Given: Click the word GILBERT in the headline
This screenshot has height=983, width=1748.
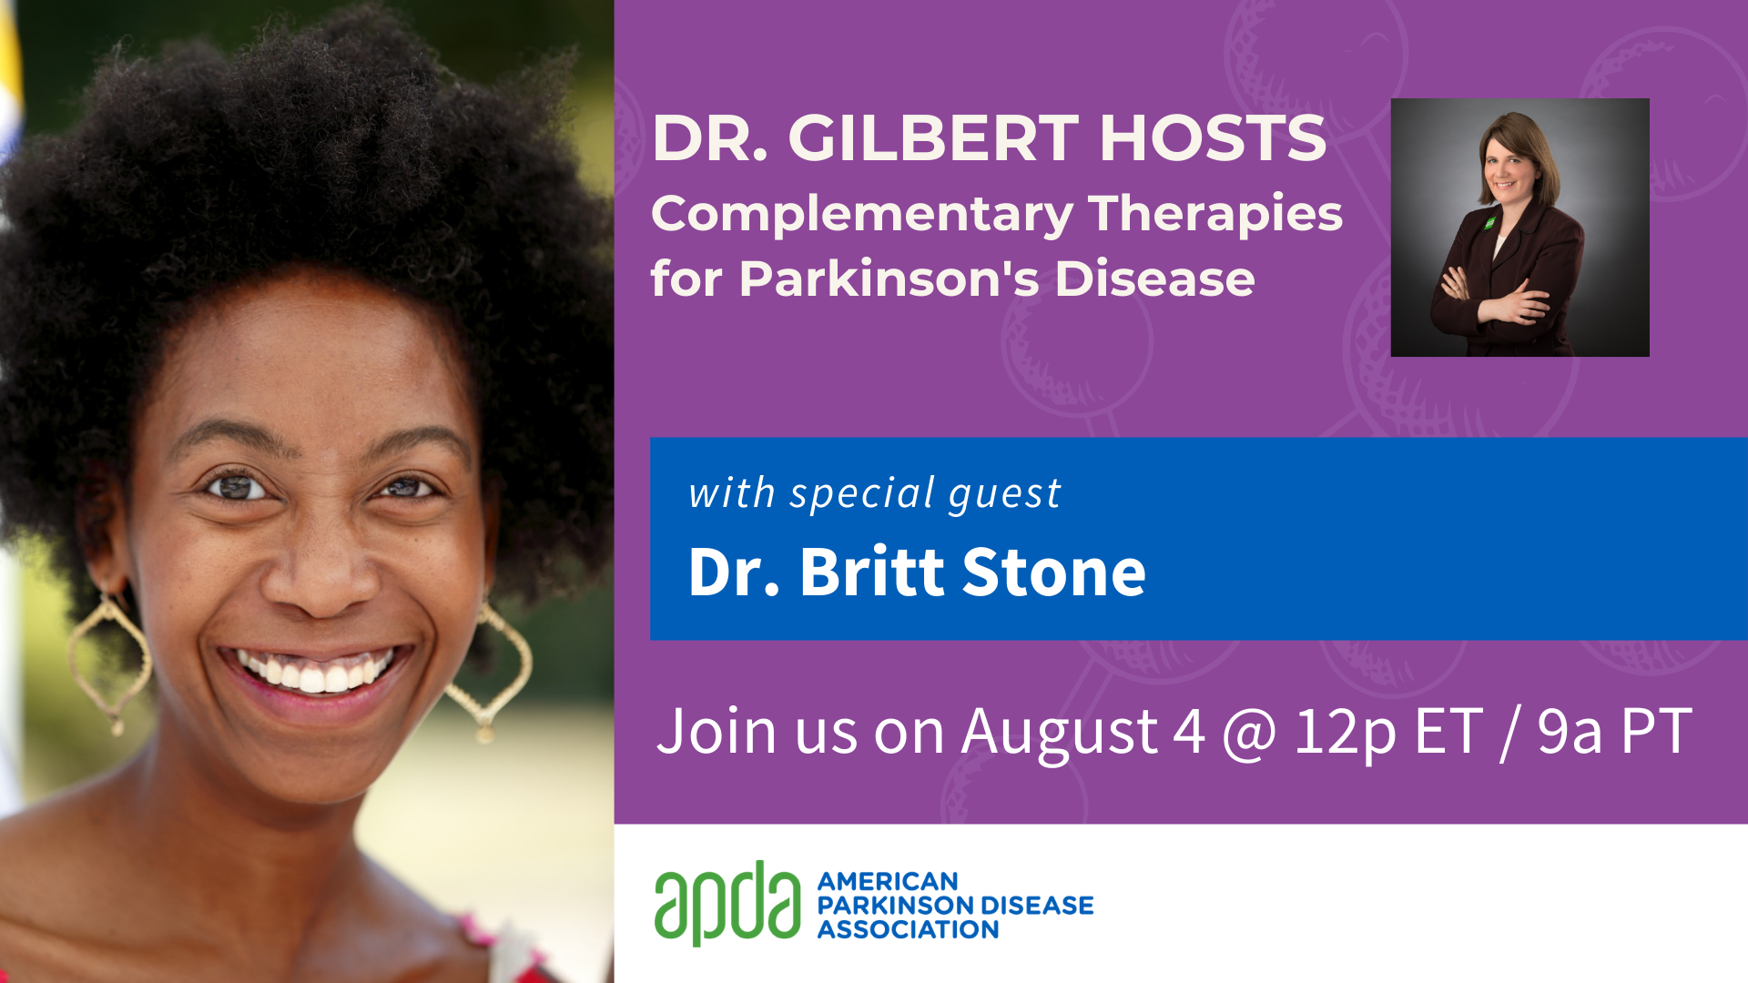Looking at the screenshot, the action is coord(934,138).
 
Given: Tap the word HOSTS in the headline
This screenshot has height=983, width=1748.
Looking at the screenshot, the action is coord(1214,138).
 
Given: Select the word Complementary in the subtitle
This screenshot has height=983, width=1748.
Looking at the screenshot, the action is coord(862,216).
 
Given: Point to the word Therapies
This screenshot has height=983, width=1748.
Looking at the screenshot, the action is coord(1215,216).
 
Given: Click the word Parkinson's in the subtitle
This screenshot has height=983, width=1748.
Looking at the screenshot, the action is coord(889,279).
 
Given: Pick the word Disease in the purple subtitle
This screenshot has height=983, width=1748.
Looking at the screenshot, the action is coord(1154,279).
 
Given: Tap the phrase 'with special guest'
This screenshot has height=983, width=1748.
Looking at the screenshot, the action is coord(875,494).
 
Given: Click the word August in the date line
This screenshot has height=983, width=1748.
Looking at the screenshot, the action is coord(1060,734).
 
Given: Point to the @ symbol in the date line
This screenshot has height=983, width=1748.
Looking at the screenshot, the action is coord(1249,734).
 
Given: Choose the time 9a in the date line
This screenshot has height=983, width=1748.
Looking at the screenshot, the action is coord(1570,732).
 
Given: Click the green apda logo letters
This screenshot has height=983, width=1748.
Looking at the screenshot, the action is coord(727,903).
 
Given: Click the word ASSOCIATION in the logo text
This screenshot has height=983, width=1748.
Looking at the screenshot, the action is coord(908,929).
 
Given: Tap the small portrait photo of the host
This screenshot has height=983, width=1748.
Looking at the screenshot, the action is coord(1519,228).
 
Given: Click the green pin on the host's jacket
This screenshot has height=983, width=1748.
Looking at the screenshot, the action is coord(1490,222).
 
